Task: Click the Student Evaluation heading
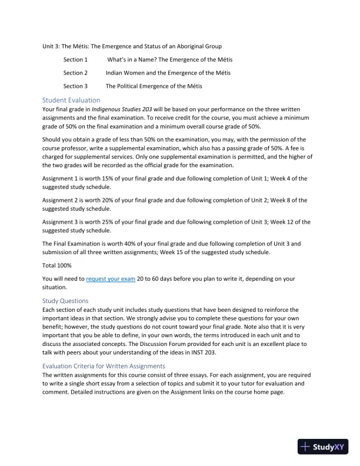point(71,100)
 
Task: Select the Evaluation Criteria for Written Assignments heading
point(104,366)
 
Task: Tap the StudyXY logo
point(323,446)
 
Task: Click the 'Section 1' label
point(75,59)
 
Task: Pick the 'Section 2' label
point(75,73)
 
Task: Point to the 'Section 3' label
point(75,86)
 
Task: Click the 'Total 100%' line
point(57,265)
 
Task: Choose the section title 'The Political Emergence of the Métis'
point(154,86)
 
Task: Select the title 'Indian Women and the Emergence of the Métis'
point(168,73)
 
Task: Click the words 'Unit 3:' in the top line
point(51,46)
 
